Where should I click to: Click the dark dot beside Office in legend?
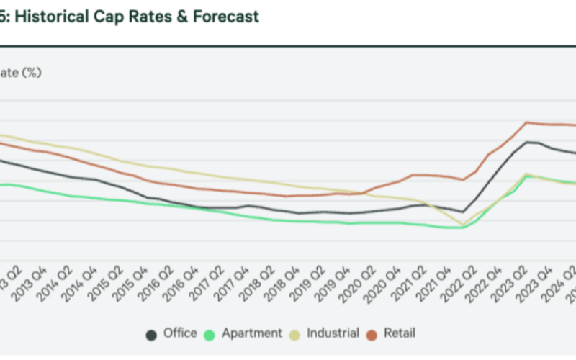tap(152, 333)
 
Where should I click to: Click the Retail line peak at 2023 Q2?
tap(528, 122)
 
